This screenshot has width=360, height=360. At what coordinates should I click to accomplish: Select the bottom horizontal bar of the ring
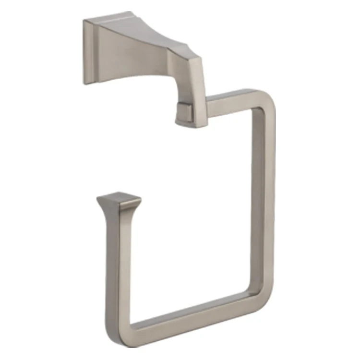192,317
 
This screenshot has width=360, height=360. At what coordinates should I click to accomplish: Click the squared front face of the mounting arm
187,86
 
